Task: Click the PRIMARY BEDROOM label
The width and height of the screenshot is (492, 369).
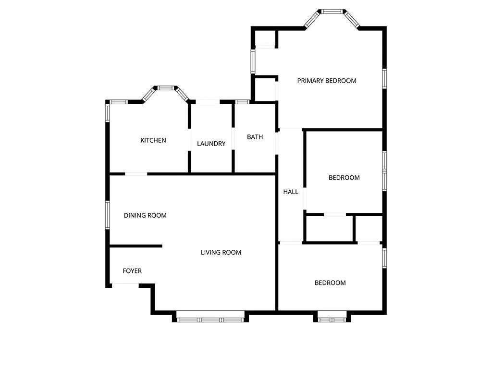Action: (327, 81)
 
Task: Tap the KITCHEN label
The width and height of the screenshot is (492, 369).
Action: (153, 140)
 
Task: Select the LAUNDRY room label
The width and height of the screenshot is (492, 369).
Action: (211, 144)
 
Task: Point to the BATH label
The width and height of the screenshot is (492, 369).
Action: (255, 137)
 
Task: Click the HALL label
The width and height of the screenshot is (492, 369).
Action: (291, 192)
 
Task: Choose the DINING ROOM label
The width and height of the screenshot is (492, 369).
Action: (145, 215)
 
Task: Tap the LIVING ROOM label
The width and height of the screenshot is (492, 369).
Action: (221, 252)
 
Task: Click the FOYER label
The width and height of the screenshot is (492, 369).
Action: (132, 271)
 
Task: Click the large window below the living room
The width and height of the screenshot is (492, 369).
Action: (210, 318)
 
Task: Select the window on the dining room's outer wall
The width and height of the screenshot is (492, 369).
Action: (108, 216)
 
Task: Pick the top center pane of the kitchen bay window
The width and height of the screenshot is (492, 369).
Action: (166, 88)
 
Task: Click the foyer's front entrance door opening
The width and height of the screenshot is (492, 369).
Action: (125, 285)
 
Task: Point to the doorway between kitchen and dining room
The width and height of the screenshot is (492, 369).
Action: (136, 173)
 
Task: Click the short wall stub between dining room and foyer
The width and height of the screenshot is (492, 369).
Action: (135, 246)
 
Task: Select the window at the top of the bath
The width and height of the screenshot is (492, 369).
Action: (242, 102)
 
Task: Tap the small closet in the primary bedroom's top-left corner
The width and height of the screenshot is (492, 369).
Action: (264, 38)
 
